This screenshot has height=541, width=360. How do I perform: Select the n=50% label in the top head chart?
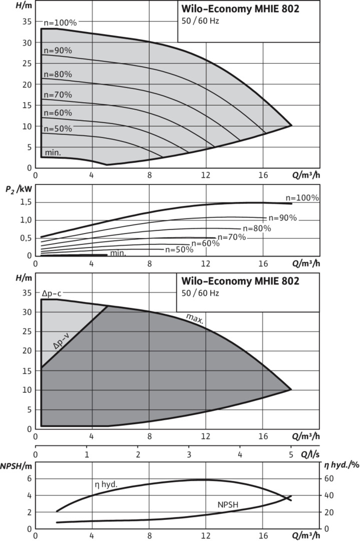[57, 129]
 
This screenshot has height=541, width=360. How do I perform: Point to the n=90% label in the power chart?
[282, 218]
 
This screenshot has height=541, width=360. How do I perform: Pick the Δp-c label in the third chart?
[52, 294]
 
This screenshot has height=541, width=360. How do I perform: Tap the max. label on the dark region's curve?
[194, 319]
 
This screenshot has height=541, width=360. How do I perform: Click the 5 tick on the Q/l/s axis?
[291, 455]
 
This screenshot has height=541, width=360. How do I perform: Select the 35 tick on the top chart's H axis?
[26, 22]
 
